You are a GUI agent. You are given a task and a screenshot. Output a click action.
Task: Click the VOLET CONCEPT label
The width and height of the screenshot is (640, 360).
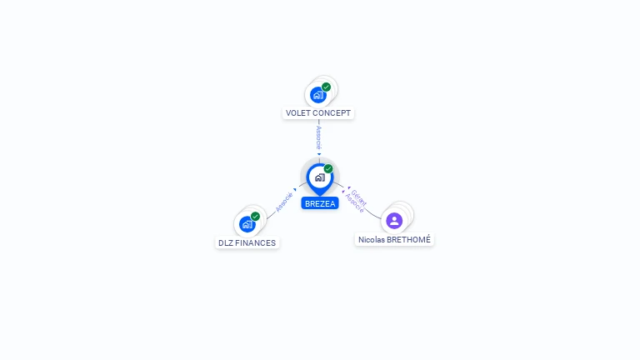318,113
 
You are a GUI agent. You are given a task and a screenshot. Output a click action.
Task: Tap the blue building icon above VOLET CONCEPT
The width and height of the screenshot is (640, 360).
317,95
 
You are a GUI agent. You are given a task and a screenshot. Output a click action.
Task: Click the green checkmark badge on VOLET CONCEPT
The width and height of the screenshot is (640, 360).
326,87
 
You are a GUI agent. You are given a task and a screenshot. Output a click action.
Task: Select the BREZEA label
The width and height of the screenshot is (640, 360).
320,203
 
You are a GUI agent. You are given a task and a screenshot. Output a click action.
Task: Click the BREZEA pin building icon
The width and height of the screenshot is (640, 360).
319,177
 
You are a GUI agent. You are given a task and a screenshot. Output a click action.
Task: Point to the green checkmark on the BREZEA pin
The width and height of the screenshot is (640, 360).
328,168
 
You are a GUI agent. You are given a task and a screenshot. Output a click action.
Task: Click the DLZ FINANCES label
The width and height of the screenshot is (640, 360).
247,243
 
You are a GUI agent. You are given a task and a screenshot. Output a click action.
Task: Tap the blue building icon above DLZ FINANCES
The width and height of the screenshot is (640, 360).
247,224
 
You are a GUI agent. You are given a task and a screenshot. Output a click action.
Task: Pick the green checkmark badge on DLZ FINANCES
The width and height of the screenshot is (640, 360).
255,217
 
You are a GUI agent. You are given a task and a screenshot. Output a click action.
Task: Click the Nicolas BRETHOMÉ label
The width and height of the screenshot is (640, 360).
395,240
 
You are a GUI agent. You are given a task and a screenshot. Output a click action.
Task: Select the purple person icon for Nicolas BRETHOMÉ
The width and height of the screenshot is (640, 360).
394,221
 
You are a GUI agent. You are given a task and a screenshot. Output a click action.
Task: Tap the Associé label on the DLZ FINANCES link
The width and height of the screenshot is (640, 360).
284,202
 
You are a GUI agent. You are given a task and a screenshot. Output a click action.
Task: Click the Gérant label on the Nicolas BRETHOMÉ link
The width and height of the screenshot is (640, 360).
359,197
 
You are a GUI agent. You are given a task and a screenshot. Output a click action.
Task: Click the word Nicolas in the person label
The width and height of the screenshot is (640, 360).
372,240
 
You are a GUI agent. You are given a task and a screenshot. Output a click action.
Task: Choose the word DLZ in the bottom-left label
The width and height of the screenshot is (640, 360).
226,243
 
